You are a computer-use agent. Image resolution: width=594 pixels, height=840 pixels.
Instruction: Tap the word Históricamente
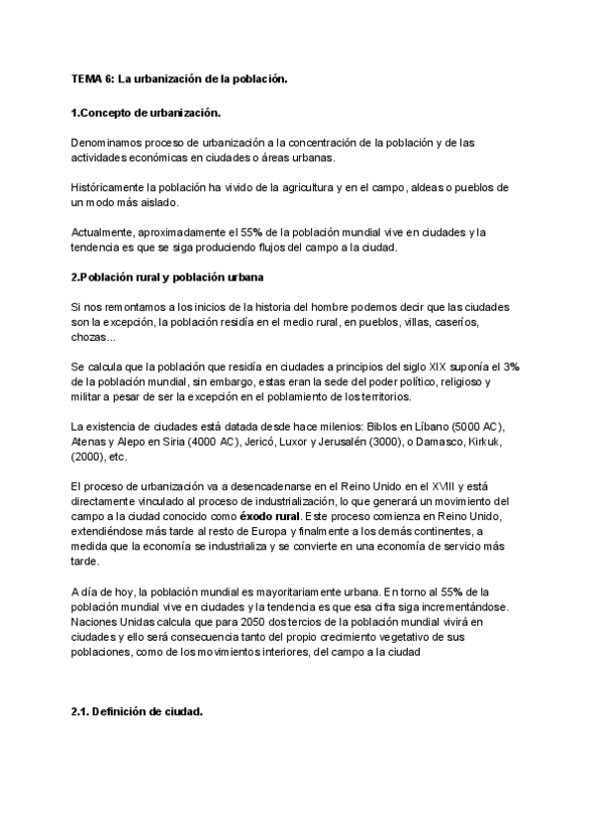111,187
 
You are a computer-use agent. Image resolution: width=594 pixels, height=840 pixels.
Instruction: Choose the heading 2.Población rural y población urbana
167,277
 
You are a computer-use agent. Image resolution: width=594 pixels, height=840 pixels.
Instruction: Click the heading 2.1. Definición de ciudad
138,711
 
